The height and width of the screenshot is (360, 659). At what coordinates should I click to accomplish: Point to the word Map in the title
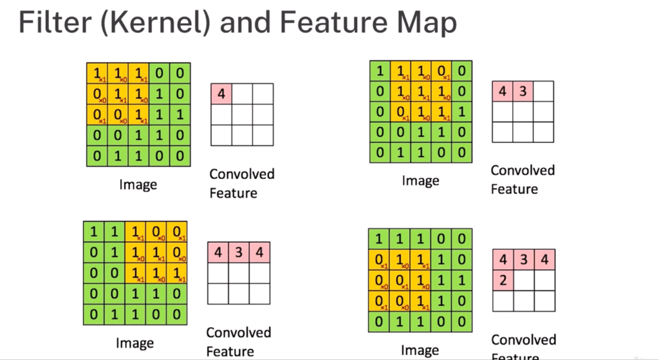pyautogui.click(x=429, y=24)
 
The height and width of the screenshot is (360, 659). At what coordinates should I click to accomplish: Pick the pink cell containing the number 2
pyautogui.click(x=502, y=280)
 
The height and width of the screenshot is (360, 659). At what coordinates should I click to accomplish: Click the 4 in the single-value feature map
pyautogui.click(x=221, y=94)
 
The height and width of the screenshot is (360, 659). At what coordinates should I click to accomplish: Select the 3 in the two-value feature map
pyautogui.click(x=523, y=91)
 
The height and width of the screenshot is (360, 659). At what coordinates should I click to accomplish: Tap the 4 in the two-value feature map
pyautogui.click(x=502, y=91)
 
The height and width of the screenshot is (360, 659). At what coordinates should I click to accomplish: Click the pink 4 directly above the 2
pyautogui.click(x=502, y=260)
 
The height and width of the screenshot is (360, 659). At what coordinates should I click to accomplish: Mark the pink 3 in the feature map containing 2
pyautogui.click(x=523, y=260)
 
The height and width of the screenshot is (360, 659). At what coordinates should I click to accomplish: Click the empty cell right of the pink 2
pyautogui.click(x=523, y=280)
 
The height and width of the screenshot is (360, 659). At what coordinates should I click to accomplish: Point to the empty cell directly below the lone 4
pyautogui.click(x=221, y=115)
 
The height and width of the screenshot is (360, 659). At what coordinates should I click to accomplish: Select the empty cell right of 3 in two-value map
pyautogui.click(x=543, y=91)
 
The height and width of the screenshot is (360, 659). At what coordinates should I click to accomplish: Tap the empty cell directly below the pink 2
pyautogui.click(x=502, y=301)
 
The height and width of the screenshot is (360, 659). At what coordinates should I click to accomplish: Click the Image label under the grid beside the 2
pyautogui.click(x=420, y=350)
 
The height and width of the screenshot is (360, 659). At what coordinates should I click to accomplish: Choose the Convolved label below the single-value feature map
pyautogui.click(x=242, y=175)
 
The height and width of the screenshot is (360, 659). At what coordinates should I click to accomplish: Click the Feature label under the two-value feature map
pyautogui.click(x=514, y=189)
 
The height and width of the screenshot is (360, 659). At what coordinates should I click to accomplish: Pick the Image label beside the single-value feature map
pyautogui.click(x=138, y=185)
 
